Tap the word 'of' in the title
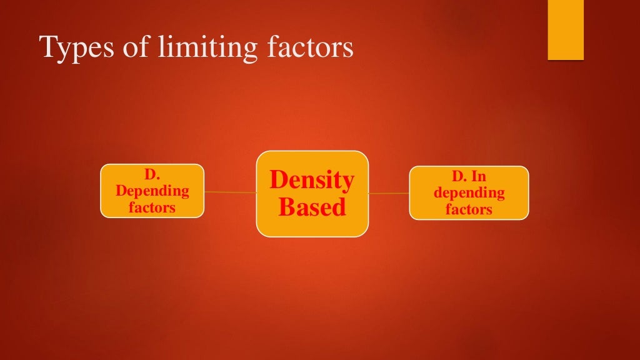pyautogui.click(x=131, y=47)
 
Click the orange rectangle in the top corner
pyautogui.click(x=566, y=30)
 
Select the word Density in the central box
pyautogui.click(x=312, y=180)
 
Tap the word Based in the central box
pyautogui.click(x=312, y=207)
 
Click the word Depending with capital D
pyautogui.click(x=152, y=191)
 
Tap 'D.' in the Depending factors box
pyautogui.click(x=152, y=176)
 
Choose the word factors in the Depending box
pyautogui.click(x=152, y=207)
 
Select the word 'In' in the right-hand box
pyautogui.click(x=479, y=177)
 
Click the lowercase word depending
pyautogui.click(x=469, y=192)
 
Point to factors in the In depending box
pyautogui.click(x=469, y=209)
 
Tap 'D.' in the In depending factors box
pyautogui.click(x=459, y=177)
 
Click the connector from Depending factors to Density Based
pyautogui.click(x=230, y=192)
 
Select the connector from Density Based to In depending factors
pyautogui.click(x=389, y=194)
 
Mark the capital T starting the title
pyautogui.click(x=47, y=47)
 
